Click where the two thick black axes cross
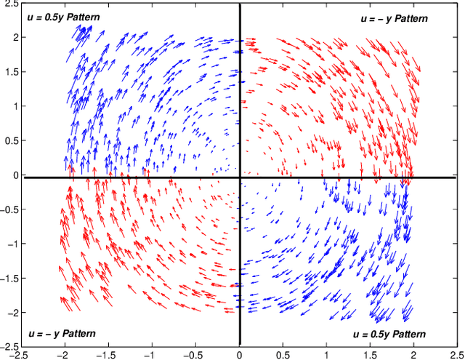point(240,177)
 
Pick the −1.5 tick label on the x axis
point(107,354)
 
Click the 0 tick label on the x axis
point(240,354)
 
